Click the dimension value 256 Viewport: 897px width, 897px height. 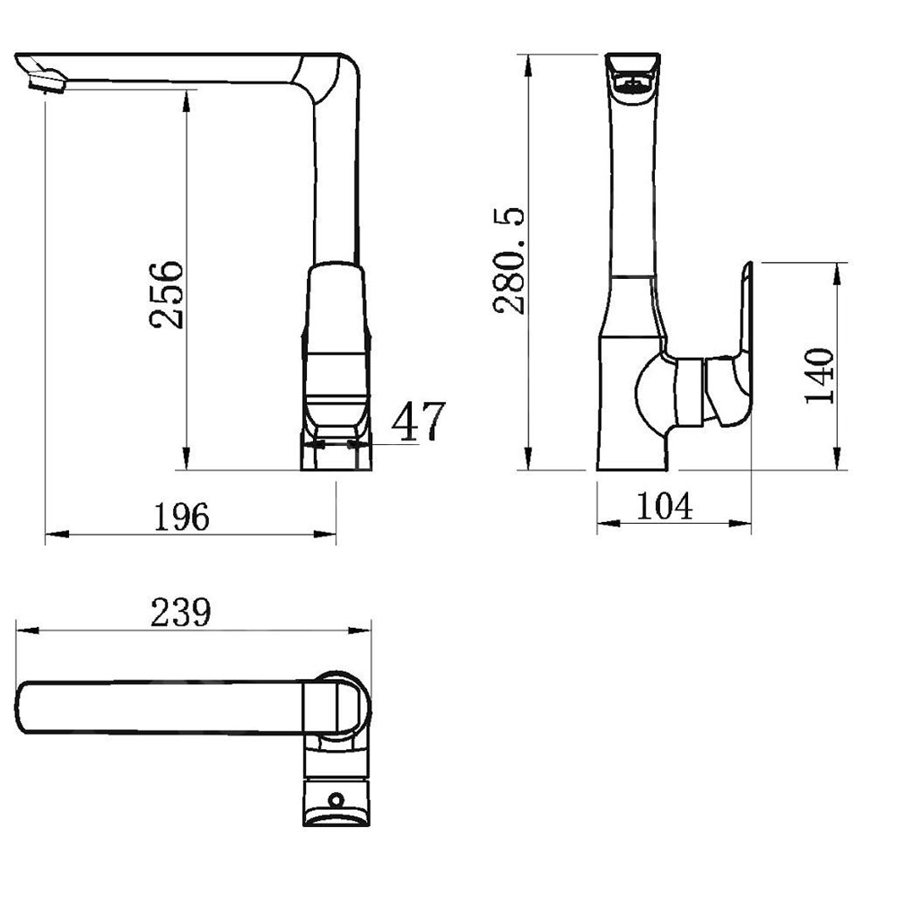coord(167,294)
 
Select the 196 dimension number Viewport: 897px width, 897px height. coord(182,517)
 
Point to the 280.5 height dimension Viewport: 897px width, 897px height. coord(509,260)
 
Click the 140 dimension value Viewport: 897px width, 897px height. coord(819,376)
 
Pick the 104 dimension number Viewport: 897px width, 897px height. coord(664,506)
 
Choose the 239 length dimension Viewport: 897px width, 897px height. coord(181,612)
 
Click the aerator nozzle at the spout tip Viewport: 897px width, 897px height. coord(47,81)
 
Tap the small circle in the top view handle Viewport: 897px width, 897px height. coord(335,799)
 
